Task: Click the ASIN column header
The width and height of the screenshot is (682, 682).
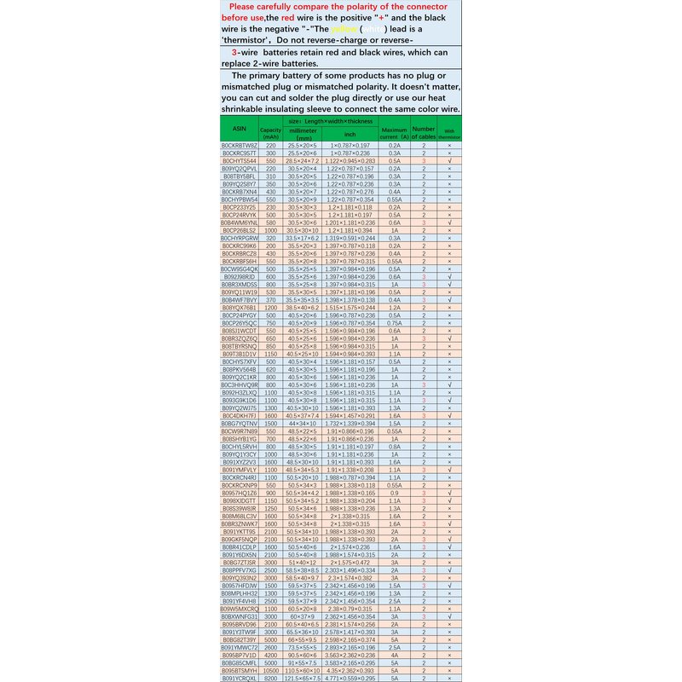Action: tap(239, 130)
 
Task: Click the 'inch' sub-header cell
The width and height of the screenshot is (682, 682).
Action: tap(350, 134)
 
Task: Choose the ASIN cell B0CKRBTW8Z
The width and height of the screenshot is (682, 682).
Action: tap(239, 146)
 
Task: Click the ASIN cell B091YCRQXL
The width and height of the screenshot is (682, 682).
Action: tap(239, 678)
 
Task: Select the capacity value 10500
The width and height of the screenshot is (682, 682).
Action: tap(271, 671)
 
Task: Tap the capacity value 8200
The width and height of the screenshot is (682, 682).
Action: tap(271, 678)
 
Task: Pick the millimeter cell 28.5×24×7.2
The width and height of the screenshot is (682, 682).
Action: tap(302, 160)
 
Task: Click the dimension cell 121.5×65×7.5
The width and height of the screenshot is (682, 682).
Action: tap(302, 678)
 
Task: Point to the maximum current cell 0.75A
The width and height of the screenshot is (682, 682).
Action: tap(395, 323)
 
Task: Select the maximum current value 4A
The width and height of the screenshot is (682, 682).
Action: tap(395, 656)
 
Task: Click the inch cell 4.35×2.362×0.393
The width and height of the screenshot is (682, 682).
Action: tap(350, 671)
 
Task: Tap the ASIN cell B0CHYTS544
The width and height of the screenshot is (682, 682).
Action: tap(239, 160)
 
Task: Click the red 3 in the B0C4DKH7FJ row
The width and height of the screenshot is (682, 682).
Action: tap(424, 415)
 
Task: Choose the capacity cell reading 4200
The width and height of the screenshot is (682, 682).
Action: tap(271, 656)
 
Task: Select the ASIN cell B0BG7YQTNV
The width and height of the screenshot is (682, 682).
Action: tap(239, 423)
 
